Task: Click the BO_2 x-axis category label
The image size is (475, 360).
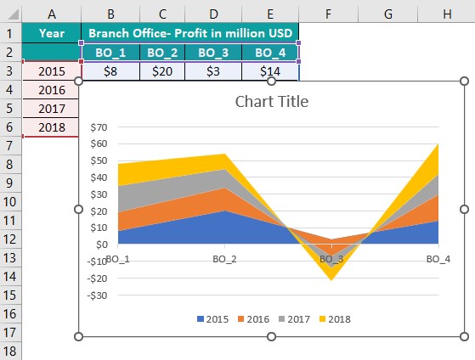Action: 224,258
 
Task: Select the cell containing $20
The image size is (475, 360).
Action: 161,71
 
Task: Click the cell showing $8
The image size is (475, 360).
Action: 110,71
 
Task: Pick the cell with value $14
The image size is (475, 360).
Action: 270,71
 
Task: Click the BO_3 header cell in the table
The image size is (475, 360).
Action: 212,53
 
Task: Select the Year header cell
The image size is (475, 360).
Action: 52,33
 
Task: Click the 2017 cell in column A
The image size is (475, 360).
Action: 52,109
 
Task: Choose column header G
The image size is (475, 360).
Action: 387,12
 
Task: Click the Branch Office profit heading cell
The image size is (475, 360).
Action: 190,33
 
